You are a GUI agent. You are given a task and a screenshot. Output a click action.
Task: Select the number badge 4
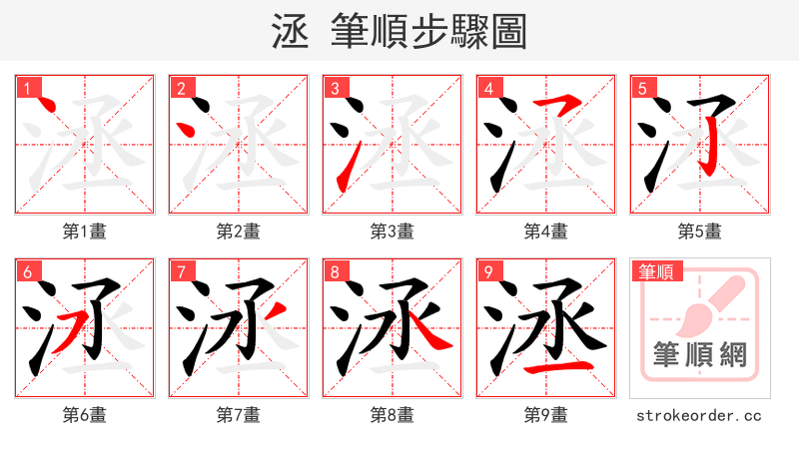489,88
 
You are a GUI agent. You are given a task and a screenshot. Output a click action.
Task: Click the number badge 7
182,271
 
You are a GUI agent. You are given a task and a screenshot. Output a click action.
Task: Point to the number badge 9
489,271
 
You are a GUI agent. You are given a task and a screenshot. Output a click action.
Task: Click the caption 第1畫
85,230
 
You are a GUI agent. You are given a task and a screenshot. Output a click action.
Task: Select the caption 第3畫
393,230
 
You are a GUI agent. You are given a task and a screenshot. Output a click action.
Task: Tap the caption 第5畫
700,230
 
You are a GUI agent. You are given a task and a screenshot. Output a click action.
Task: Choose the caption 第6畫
85,414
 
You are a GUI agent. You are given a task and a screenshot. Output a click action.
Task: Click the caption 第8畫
393,414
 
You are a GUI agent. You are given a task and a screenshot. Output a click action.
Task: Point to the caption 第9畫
546,414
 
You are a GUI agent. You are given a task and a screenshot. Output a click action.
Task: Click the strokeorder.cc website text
700,414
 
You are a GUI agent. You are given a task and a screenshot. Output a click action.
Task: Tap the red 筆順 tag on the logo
655,271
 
